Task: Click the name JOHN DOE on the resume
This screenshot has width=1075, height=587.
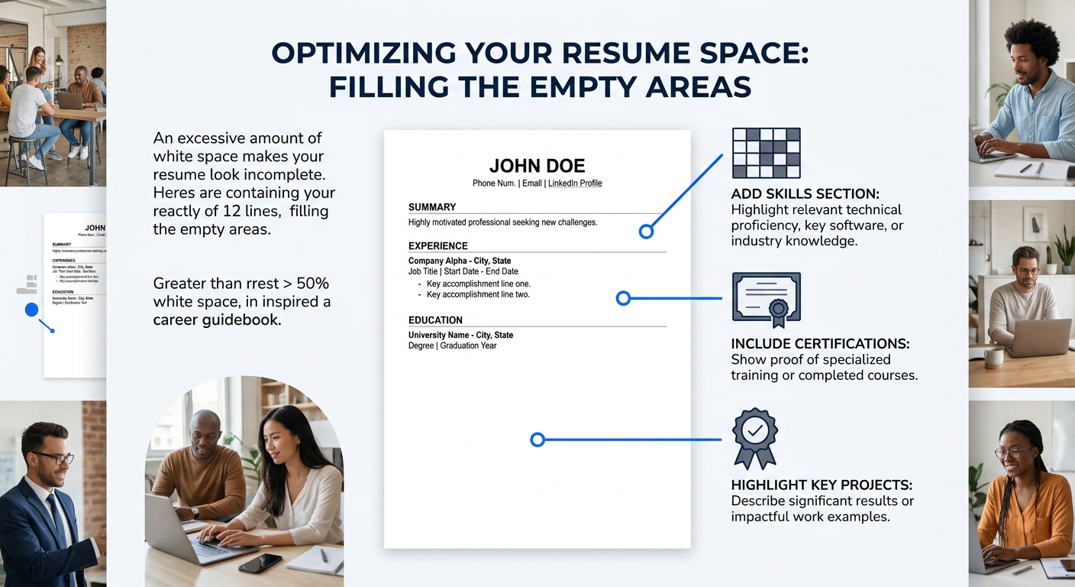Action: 537,165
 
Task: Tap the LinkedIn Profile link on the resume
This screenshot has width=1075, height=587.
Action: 575,183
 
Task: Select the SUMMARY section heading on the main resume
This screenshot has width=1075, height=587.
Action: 432,207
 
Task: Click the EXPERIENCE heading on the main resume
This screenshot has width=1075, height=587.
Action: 438,246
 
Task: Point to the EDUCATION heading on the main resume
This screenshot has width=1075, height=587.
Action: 436,320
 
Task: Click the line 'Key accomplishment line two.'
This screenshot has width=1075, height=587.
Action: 478,295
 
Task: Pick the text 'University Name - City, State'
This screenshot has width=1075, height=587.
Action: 460,336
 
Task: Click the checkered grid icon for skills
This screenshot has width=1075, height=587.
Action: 766,153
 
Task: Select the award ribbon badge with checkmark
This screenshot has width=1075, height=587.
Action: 754,436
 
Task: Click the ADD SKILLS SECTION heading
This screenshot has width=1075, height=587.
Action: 805,194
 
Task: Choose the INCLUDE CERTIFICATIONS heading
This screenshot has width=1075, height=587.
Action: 820,344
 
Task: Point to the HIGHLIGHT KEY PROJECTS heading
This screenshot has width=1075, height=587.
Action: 822,485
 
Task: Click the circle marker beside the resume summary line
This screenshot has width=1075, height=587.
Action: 647,231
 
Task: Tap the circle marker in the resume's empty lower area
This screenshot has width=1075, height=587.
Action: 537,439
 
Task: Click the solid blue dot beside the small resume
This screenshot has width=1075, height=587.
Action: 31,310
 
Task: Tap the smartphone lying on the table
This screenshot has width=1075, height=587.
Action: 260,563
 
